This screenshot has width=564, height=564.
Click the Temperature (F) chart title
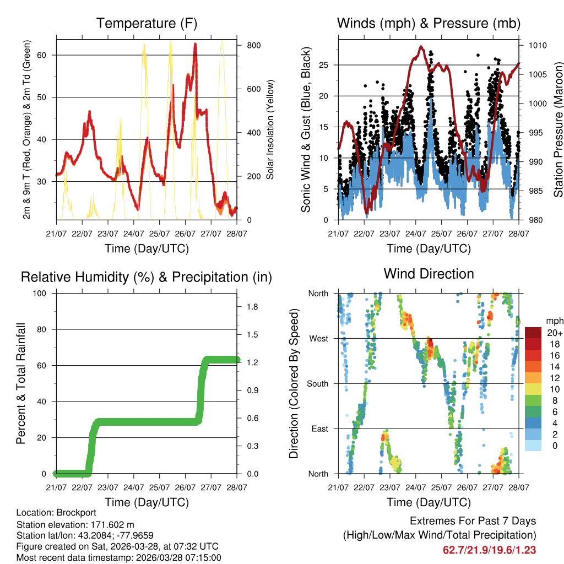pyautogui.click(x=147, y=23)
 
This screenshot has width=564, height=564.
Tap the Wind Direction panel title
pyautogui.click(x=429, y=274)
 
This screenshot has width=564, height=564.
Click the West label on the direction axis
pyautogui.click(x=318, y=338)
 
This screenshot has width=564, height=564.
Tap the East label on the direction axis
pyautogui.click(x=319, y=429)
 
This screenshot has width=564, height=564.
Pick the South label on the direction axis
pyautogui.click(x=318, y=383)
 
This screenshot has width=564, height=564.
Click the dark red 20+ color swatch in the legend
pyautogui.click(x=533, y=332)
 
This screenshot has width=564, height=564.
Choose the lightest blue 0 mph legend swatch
pyautogui.click(x=533, y=446)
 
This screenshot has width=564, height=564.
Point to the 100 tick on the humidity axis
pyautogui.click(x=40, y=293)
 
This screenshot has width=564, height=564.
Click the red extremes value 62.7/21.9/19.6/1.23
pyautogui.click(x=489, y=550)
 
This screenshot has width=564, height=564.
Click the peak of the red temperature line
pyautogui.click(x=195, y=44)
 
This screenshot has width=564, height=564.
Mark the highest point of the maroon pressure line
pyautogui.click(x=421, y=46)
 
